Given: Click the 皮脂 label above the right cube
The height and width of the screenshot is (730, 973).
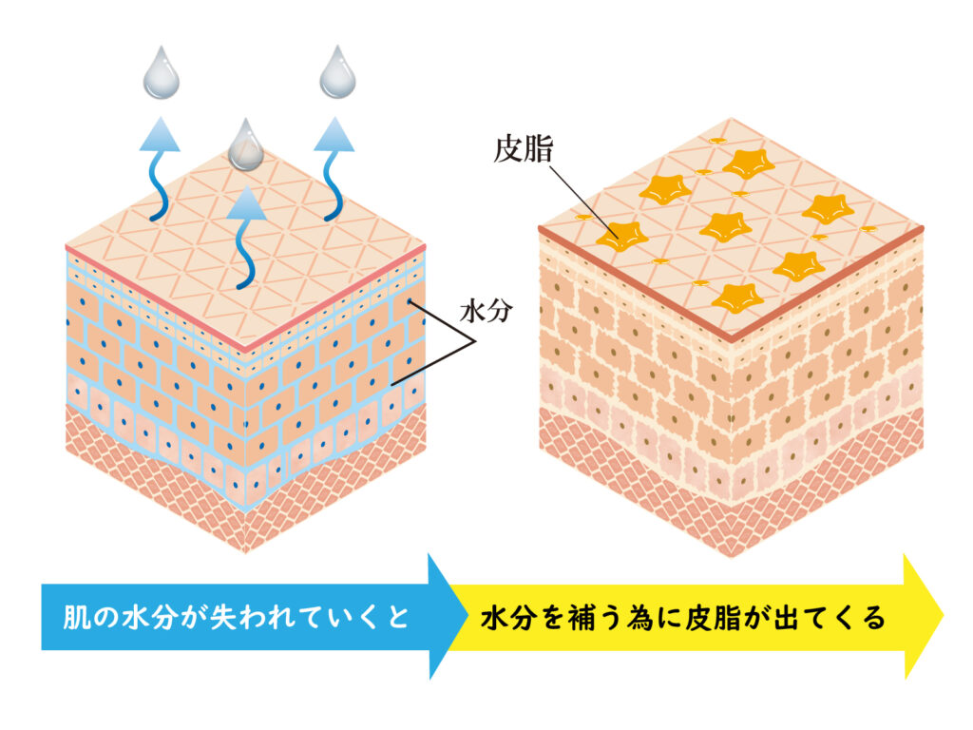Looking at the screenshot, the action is tap(524, 149).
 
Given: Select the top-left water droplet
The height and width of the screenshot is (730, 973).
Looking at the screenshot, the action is tap(162, 72).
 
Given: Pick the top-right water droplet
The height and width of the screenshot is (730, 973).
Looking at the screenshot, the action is tap(337, 72).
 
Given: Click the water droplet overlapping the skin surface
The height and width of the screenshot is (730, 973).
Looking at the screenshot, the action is tap(246, 144).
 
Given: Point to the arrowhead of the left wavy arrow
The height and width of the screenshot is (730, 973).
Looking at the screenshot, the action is tap(160, 134).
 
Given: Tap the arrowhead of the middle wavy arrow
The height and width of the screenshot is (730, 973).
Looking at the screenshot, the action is tap(247, 202).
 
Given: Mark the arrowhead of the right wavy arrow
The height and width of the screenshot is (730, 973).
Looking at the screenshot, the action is tap(334, 134).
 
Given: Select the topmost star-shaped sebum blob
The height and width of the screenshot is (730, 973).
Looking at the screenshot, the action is tap(749, 163).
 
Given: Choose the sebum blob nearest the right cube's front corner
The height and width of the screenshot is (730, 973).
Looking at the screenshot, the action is tap(737, 298).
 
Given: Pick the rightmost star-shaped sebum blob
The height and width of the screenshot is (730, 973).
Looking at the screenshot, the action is tap(829, 209).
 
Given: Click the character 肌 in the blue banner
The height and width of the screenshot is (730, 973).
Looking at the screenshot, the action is tap(75, 618).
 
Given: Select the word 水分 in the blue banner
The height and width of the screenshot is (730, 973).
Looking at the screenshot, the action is tap(147, 618).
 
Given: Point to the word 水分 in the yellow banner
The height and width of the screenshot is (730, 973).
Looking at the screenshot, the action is tap(507, 618).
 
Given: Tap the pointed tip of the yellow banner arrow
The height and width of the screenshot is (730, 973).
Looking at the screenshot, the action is tap(943, 616).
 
